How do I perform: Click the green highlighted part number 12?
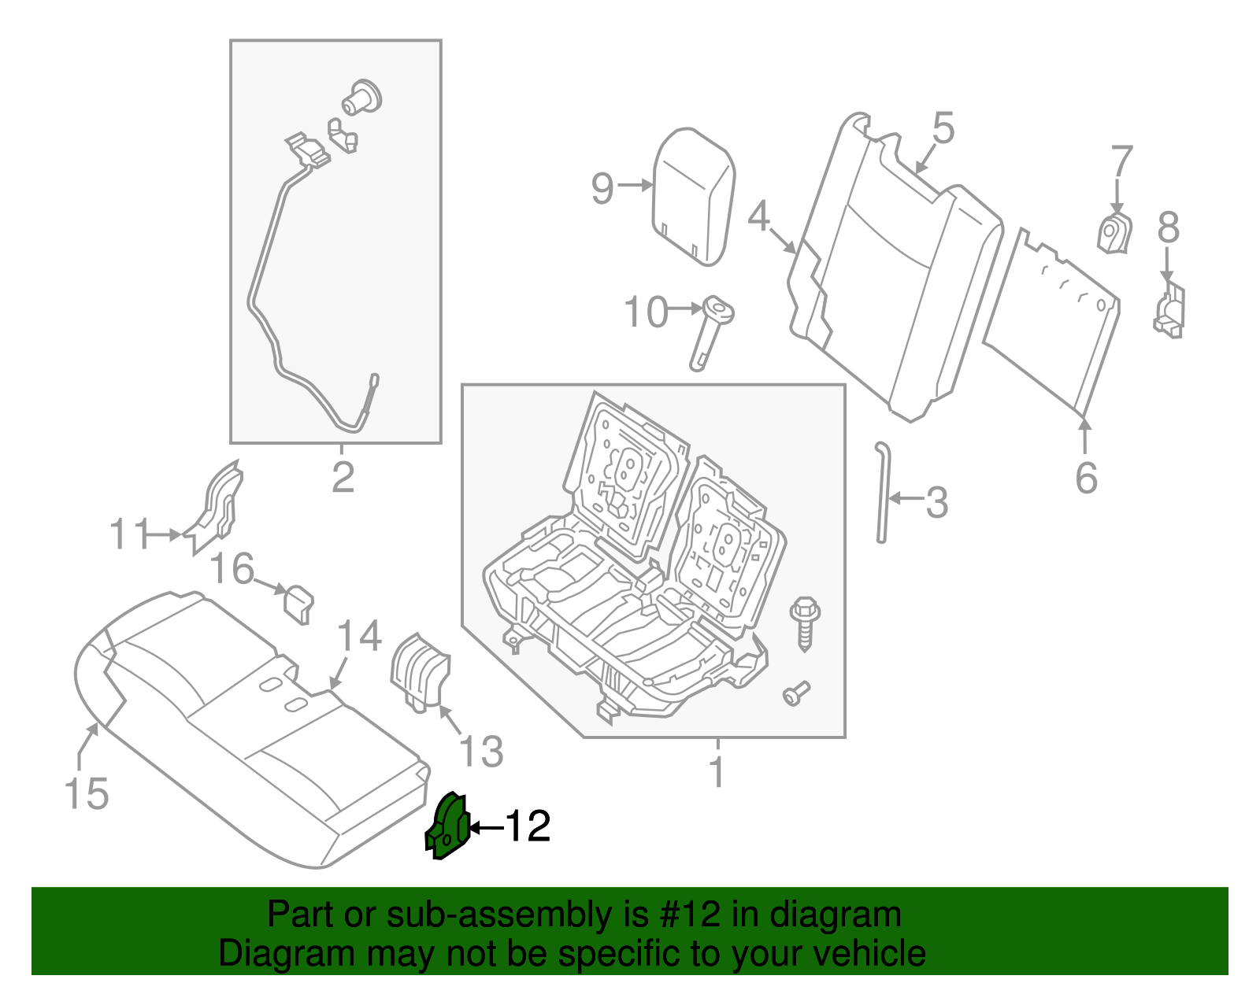447,828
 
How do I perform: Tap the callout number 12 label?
527,826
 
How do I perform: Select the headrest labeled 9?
694,195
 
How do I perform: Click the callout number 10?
645,312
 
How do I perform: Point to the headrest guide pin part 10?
710,331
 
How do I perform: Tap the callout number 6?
1086,478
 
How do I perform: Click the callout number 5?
943,128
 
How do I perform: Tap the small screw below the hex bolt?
795,693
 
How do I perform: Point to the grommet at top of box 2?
361,98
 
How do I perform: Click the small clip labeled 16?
298,603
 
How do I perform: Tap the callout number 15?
86,793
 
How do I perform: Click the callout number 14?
359,636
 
